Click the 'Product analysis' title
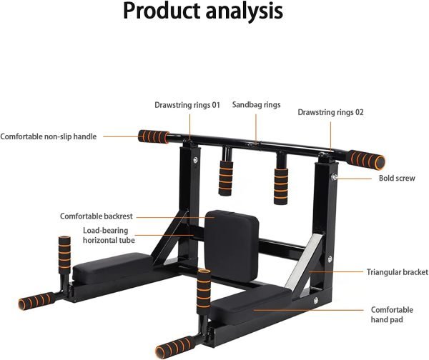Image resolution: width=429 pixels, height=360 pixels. click(x=203, y=11)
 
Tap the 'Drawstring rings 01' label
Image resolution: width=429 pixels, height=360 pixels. click(x=187, y=105)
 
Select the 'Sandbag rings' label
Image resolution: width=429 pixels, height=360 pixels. click(x=257, y=105)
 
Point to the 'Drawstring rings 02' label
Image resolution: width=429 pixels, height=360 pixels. click(x=330, y=112)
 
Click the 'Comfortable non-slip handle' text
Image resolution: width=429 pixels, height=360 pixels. click(x=48, y=136)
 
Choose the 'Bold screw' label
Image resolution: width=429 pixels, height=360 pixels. click(x=397, y=179)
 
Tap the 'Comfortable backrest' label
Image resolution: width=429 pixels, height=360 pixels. click(x=97, y=216)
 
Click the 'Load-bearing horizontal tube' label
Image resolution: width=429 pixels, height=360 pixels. click(x=109, y=235)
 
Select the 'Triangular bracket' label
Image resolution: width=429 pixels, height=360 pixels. click(x=398, y=272)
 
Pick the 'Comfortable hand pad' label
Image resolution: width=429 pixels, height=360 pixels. click(x=392, y=314)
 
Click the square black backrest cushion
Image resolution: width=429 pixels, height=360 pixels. click(x=232, y=246)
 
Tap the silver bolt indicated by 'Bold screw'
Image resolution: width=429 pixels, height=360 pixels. click(x=334, y=177)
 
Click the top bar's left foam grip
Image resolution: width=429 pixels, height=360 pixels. click(x=154, y=136)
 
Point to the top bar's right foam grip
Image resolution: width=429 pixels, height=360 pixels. click(x=366, y=160)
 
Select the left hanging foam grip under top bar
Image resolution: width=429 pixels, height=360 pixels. click(x=226, y=179)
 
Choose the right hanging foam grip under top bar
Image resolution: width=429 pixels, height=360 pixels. click(x=281, y=186)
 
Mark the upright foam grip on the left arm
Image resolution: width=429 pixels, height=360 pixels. click(x=64, y=254)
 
